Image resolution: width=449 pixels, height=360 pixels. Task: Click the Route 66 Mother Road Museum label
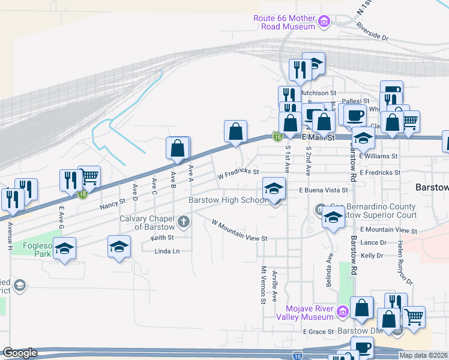pos(285,22)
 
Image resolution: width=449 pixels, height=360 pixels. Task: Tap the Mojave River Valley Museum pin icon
pos(342,311)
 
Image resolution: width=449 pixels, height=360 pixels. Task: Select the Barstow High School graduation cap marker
pos(274,190)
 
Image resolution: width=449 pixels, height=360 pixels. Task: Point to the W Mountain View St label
pos(239,230)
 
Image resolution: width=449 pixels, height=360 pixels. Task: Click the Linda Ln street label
pos(167,251)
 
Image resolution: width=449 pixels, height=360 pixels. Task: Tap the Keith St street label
pos(162,238)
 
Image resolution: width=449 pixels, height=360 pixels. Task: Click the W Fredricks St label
pos(238,173)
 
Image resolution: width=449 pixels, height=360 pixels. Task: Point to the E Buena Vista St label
pos(324,190)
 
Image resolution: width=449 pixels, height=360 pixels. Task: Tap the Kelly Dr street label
pos(372,256)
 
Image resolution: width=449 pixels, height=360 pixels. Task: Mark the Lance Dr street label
pos(373,242)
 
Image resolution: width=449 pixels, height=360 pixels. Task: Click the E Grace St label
pos(318,331)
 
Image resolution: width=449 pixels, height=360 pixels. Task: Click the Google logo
pos(20,353)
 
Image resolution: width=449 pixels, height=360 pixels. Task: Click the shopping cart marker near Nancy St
pos(89,176)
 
